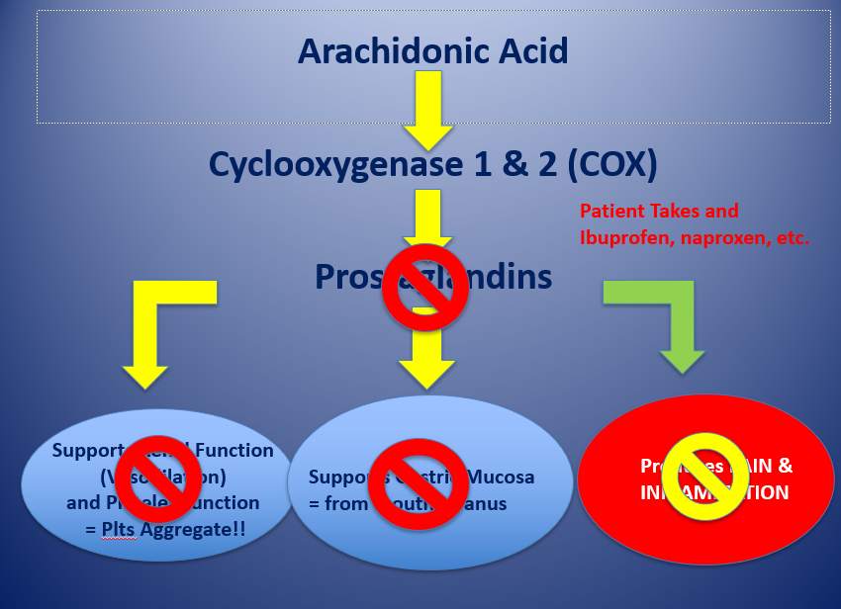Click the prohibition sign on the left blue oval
click(159, 478)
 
